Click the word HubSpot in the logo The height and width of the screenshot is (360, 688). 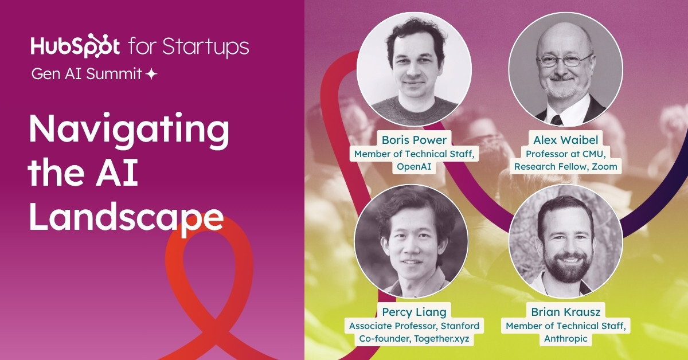(x=75, y=46)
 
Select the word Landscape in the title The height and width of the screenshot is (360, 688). (x=126, y=220)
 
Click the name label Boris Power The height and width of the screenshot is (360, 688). (x=414, y=140)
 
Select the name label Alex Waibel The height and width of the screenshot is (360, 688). (x=566, y=140)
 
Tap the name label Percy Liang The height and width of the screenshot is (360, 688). (x=414, y=312)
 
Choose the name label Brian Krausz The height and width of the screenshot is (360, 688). (x=566, y=312)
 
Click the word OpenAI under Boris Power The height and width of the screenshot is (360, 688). (x=414, y=166)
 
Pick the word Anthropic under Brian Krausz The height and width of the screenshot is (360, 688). (x=566, y=338)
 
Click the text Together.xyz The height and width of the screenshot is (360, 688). (x=441, y=338)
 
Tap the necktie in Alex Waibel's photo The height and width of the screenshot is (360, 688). (x=557, y=120)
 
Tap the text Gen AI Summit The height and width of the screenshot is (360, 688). (x=87, y=74)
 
